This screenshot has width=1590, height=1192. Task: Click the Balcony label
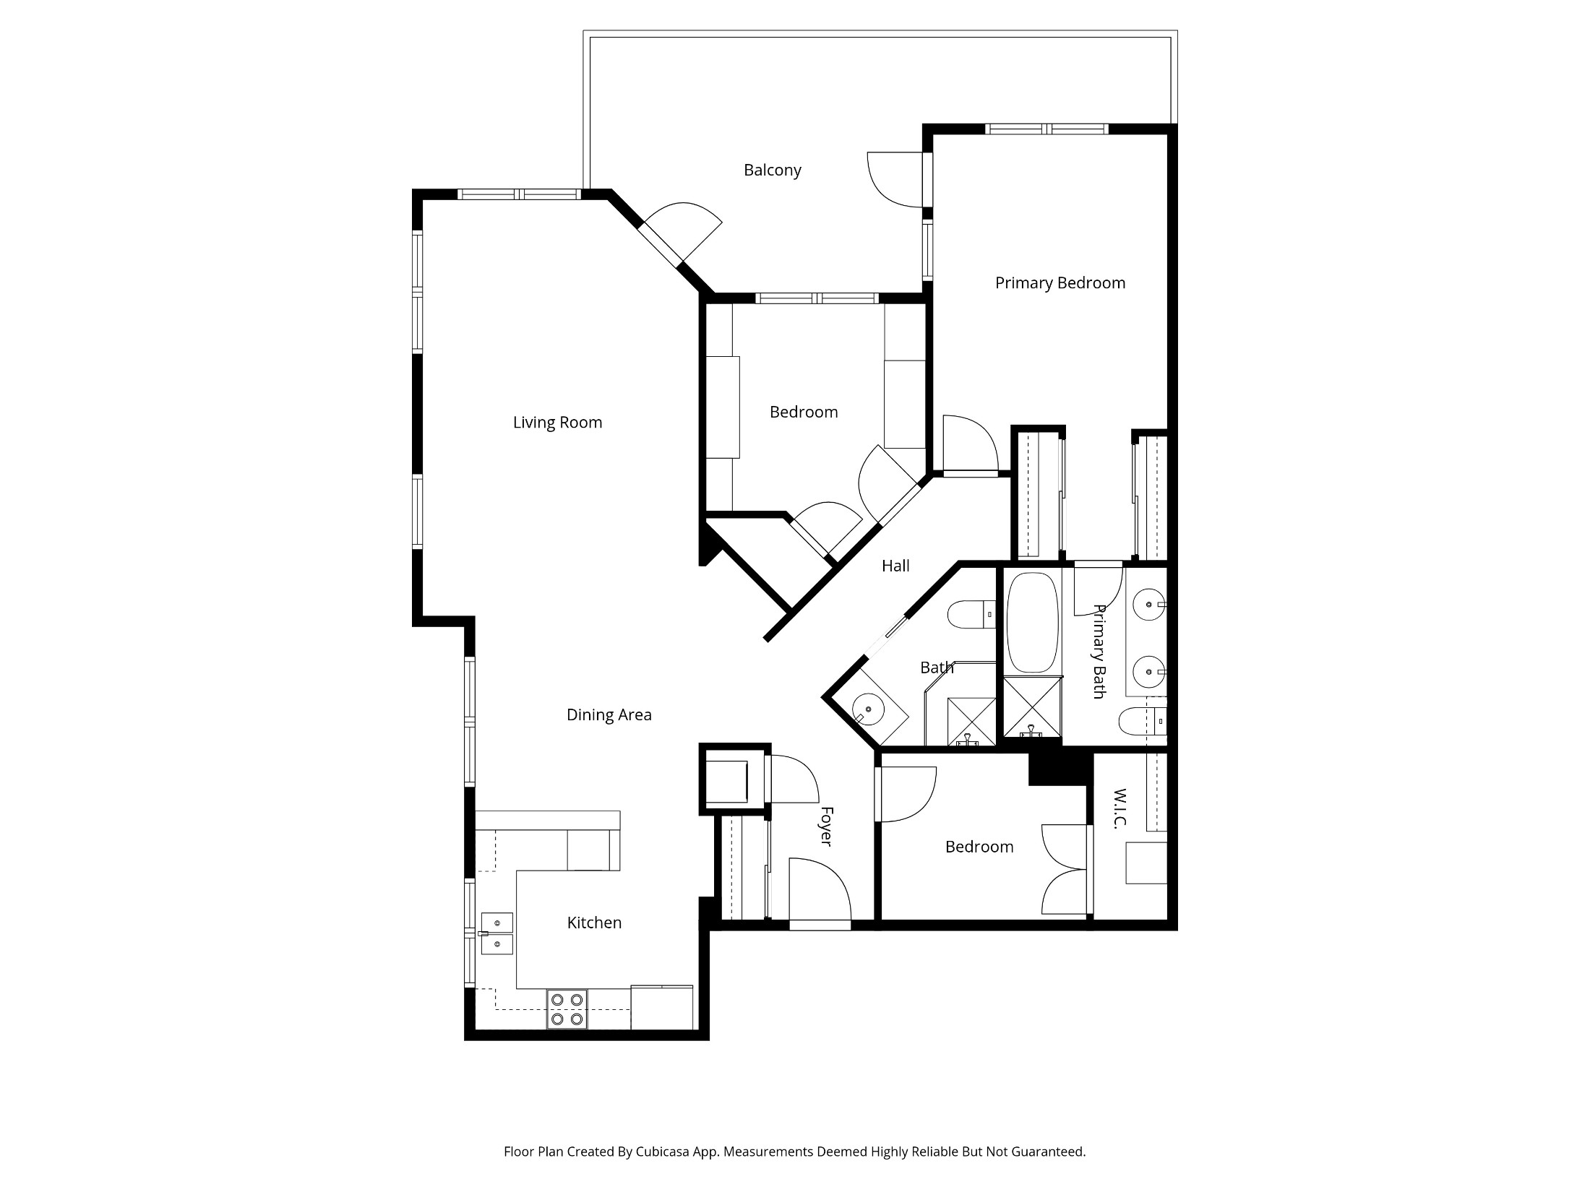pyautogui.click(x=773, y=170)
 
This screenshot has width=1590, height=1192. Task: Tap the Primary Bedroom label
pyautogui.click(x=1060, y=283)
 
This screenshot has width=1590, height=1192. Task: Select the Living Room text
pyautogui.click(x=557, y=423)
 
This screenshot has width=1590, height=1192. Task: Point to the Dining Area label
pyautogui.click(x=609, y=715)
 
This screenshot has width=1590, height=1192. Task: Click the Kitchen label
pyautogui.click(x=594, y=923)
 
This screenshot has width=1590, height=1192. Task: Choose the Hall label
pyautogui.click(x=895, y=566)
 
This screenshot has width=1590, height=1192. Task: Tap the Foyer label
pyautogui.click(x=827, y=826)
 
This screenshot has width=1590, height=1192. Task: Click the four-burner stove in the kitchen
pyautogui.click(x=567, y=1009)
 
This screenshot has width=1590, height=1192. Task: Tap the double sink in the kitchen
pyautogui.click(x=497, y=933)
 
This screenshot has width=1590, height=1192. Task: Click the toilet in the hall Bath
pyautogui.click(x=971, y=615)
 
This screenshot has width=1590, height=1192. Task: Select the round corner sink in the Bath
pyautogui.click(x=868, y=710)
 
